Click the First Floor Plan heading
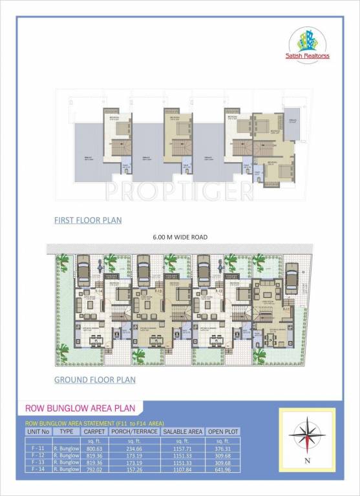(x=88, y=220)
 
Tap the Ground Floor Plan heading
(x=94, y=379)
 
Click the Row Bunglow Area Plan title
(x=79, y=408)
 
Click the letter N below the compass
(x=308, y=460)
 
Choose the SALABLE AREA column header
(x=183, y=430)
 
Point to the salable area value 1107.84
(x=183, y=468)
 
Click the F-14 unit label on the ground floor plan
(x=100, y=292)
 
